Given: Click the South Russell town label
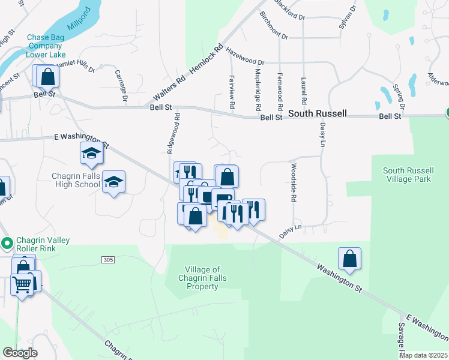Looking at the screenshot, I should [x=317, y=113].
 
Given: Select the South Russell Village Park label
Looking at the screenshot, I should [x=407, y=175].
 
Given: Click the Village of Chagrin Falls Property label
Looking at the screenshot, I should [x=202, y=278].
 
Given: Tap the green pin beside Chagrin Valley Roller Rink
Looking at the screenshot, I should [x=7, y=244].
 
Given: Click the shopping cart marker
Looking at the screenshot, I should [x=22, y=284].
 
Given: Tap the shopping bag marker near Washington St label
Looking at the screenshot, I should [x=349, y=259].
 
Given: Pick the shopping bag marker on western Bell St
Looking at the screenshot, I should [x=47, y=77].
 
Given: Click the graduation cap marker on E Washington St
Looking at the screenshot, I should [x=91, y=153].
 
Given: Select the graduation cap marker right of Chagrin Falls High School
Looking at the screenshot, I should [x=113, y=182].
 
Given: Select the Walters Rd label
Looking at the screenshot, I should [x=169, y=88].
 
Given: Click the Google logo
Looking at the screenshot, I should [x=20, y=353].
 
